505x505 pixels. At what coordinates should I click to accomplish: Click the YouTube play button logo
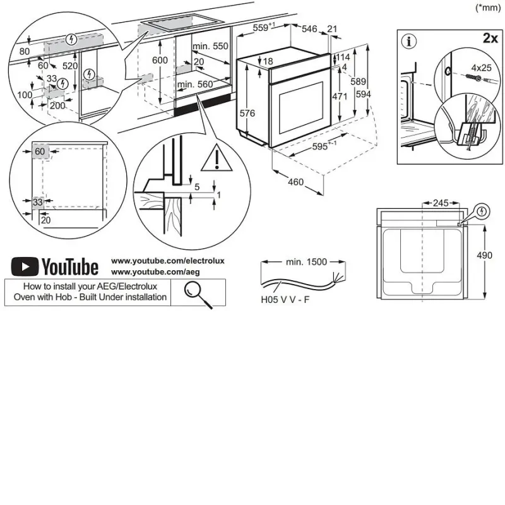pyautogui.click(x=25, y=266)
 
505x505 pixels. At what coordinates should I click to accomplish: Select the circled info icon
pyautogui.click(x=409, y=41)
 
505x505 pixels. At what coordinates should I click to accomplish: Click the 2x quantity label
pyautogui.click(x=490, y=38)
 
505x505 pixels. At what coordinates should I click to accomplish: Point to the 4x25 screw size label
pyautogui.click(x=481, y=68)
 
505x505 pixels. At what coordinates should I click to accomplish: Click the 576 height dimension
pyautogui.click(x=247, y=113)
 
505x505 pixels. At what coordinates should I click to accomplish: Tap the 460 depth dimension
pyautogui.click(x=295, y=182)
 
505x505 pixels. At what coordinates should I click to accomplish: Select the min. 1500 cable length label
pyautogui.click(x=306, y=262)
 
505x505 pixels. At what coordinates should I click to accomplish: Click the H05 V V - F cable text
pyautogui.click(x=285, y=300)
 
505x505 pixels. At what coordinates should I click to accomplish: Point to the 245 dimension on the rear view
pyautogui.click(x=441, y=203)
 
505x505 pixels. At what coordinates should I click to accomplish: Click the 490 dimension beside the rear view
pyautogui.click(x=484, y=255)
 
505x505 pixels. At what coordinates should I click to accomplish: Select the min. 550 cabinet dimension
pyautogui.click(x=210, y=46)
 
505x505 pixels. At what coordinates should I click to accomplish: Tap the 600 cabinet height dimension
pyautogui.click(x=160, y=60)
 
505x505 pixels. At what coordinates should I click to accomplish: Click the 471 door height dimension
pyautogui.click(x=340, y=96)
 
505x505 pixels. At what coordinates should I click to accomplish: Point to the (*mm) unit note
pyautogui.click(x=488, y=8)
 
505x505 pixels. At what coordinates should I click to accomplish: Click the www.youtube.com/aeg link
pyautogui.click(x=155, y=272)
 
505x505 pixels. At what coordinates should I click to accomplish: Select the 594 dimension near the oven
pyautogui.click(x=364, y=94)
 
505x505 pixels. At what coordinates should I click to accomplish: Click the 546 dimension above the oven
pyautogui.click(x=309, y=29)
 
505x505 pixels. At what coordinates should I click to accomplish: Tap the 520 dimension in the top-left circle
pyautogui.click(x=70, y=66)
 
